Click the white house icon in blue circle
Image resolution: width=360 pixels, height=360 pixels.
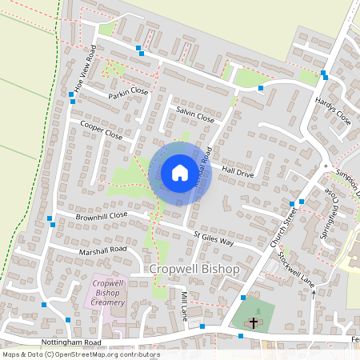pos(180,173)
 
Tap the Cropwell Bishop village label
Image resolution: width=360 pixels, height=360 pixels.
pos(195,270)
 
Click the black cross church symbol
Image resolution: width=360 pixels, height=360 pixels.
pos(254,323)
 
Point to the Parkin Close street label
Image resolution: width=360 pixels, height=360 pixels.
pos(130,93)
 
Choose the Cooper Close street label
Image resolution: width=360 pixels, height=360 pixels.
pos(102,130)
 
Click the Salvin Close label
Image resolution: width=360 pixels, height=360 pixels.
pos(195,114)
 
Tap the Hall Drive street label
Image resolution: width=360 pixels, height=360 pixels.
pos(238,171)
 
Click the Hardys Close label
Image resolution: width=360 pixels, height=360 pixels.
pos(333,108)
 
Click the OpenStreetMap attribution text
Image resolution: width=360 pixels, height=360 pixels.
pos(80,354)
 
